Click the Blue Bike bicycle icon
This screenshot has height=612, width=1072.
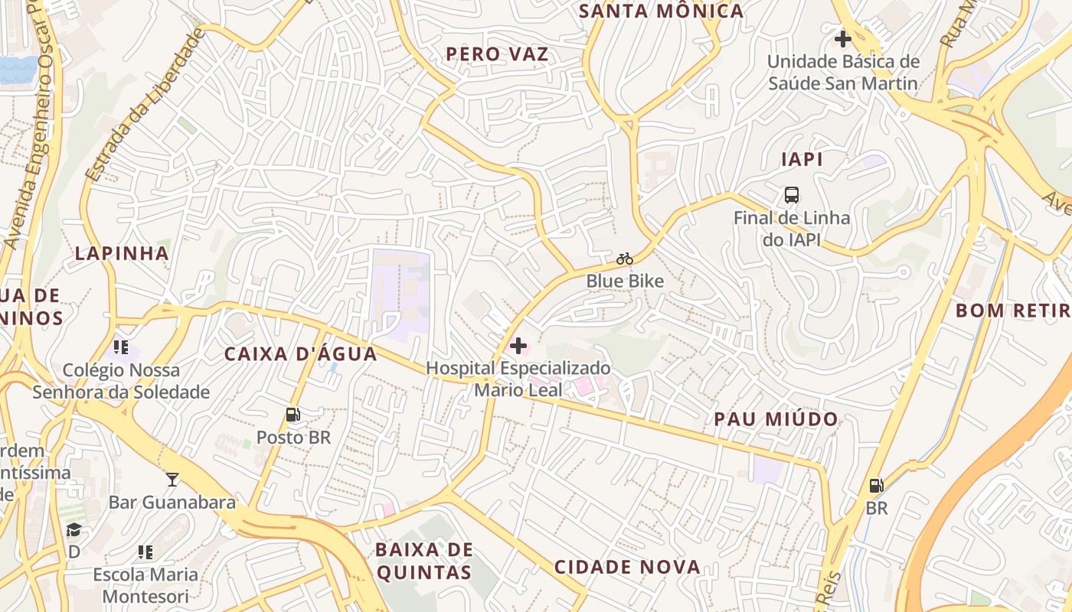point(625,259)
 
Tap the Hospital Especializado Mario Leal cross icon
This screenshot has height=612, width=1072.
point(518,346)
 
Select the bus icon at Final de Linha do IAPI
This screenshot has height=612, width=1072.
point(792,195)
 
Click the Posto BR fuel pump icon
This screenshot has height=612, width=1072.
point(293,415)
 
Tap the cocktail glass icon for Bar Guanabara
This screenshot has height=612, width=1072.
point(172,479)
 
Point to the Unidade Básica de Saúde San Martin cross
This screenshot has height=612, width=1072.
point(843,39)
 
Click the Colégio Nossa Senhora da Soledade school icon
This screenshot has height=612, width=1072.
point(121,347)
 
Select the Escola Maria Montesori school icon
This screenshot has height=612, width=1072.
point(145,552)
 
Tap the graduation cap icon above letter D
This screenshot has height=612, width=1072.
point(74,529)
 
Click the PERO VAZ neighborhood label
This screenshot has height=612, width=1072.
point(498,54)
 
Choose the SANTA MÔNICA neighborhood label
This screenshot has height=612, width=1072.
point(661,11)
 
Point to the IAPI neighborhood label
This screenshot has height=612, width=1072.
point(802,159)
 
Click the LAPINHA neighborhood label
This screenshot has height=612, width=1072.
point(122,253)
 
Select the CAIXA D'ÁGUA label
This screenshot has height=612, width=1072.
point(301,353)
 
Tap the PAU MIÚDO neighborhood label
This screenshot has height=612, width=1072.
point(776,419)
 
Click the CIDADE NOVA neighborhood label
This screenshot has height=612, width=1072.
point(627,567)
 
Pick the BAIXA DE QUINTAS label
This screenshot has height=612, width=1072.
point(423,561)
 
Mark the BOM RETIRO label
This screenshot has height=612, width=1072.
point(1012,311)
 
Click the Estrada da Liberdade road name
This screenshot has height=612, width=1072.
point(145,106)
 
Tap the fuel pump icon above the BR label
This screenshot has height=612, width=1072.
point(876,485)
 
